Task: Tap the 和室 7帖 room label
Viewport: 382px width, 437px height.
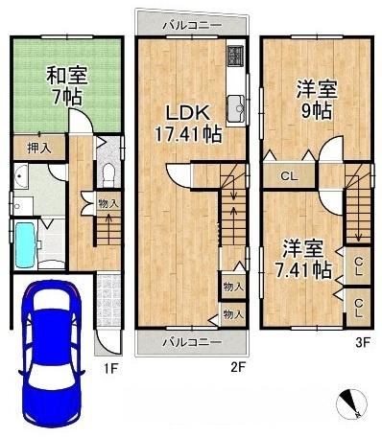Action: point(67,85)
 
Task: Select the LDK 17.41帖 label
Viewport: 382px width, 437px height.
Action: point(188,124)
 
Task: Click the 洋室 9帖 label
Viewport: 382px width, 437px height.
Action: point(316,100)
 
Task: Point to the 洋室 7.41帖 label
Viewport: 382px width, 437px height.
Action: point(303,260)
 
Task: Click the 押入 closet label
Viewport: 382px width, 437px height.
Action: point(39,148)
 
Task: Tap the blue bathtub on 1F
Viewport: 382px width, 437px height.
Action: point(25,244)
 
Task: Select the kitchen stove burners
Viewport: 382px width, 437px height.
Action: point(236,56)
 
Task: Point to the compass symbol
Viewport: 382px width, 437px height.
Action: point(351,403)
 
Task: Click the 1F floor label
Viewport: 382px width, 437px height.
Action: point(110,369)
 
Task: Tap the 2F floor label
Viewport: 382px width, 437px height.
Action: point(237,368)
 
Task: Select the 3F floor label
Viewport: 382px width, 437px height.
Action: point(363,342)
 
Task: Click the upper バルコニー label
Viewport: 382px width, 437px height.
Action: point(192,26)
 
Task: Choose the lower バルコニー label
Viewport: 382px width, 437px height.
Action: point(192,343)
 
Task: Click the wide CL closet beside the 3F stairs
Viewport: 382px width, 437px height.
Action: point(290,176)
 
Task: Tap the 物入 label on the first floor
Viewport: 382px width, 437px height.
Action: point(108,203)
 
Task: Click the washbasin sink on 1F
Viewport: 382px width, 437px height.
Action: point(21,176)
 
